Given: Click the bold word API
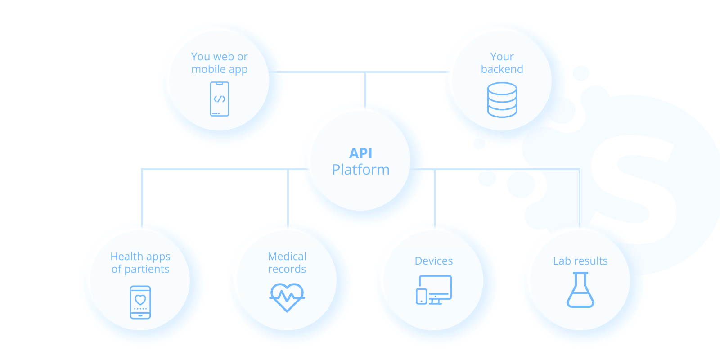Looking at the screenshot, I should click(x=361, y=153).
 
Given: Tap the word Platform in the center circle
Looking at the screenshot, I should click(x=361, y=170).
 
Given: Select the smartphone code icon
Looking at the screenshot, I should click(x=220, y=99).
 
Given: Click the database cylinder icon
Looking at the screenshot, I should click(x=502, y=100).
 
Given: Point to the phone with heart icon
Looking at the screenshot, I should click(x=140, y=302).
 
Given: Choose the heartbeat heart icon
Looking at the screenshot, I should click(x=287, y=297).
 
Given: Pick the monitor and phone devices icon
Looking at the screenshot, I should click(x=434, y=290).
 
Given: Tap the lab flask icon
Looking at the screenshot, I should click(x=580, y=290).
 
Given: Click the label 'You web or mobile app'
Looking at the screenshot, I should click(x=220, y=63).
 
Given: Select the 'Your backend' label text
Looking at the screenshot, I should click(x=502, y=63).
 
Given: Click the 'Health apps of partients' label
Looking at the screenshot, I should click(x=140, y=263).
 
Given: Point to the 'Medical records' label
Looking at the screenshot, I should click(x=287, y=263).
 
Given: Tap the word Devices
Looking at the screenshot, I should click(x=434, y=261).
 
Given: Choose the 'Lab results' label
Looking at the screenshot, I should click(x=580, y=261).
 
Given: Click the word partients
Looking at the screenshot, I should click(x=147, y=269).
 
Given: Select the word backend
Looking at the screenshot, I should click(x=502, y=69).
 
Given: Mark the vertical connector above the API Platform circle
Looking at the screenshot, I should click(x=365, y=90).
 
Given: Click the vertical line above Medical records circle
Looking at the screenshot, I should click(x=288, y=198).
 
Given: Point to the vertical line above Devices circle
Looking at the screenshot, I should click(x=435, y=198).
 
